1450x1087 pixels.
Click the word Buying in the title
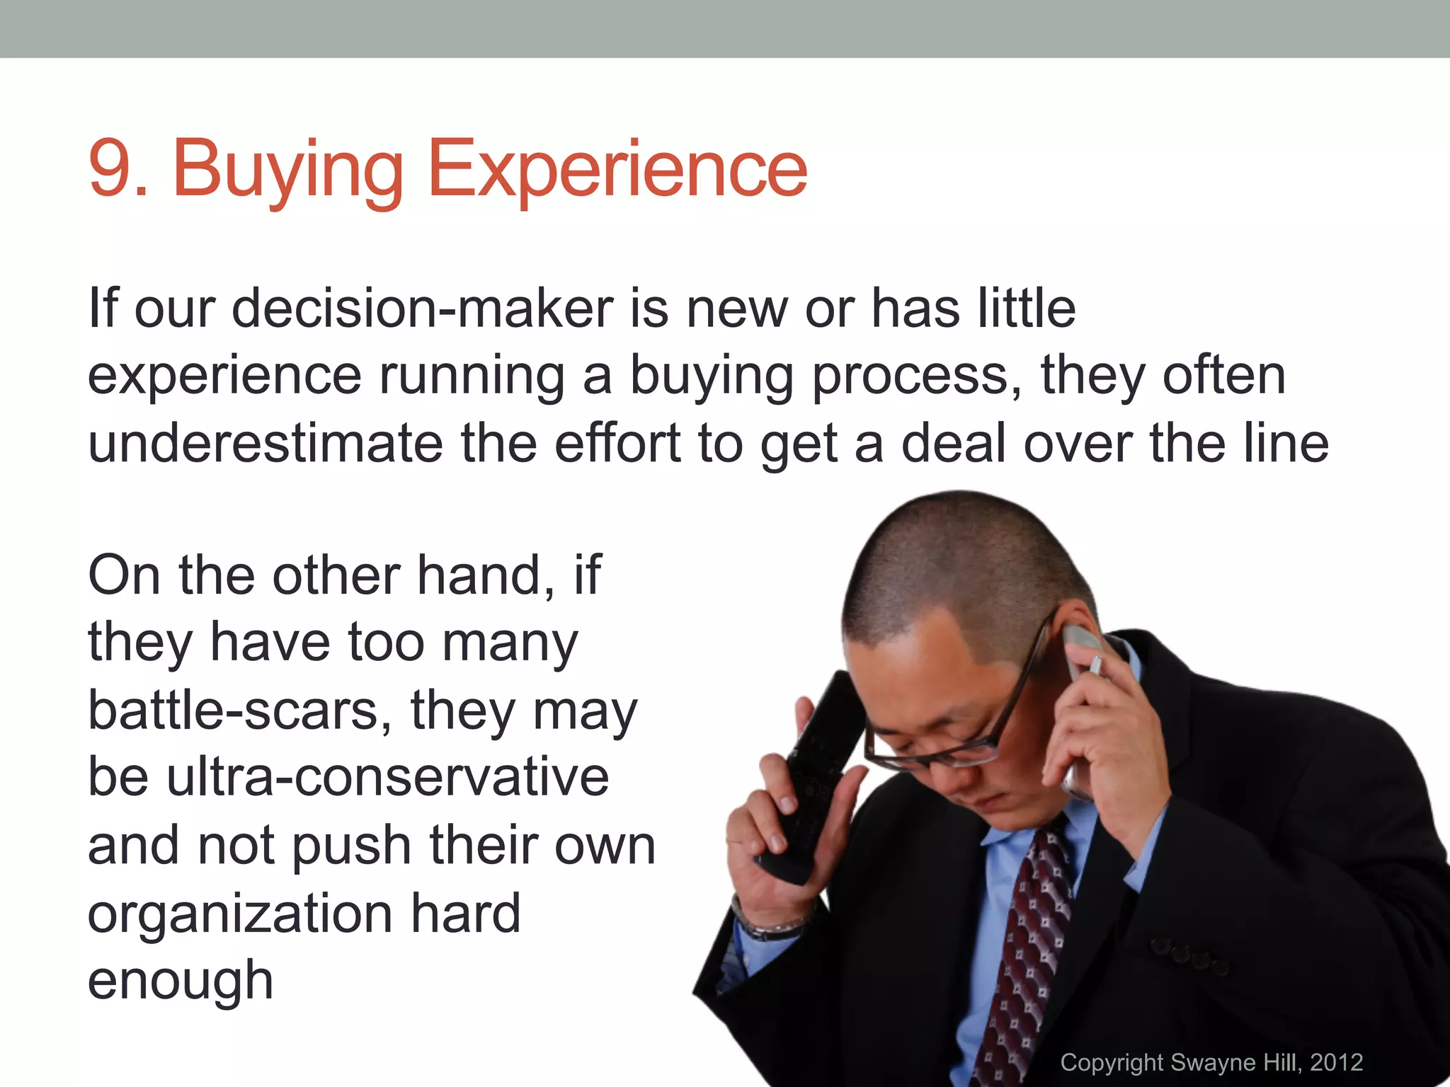point(287,170)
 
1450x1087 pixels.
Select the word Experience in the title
point(616,170)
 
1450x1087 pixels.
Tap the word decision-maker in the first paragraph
point(422,309)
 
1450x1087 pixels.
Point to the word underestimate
point(265,444)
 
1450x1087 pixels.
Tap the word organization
point(240,913)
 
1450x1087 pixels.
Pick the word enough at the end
point(180,981)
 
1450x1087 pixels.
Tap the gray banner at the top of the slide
point(725,28)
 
